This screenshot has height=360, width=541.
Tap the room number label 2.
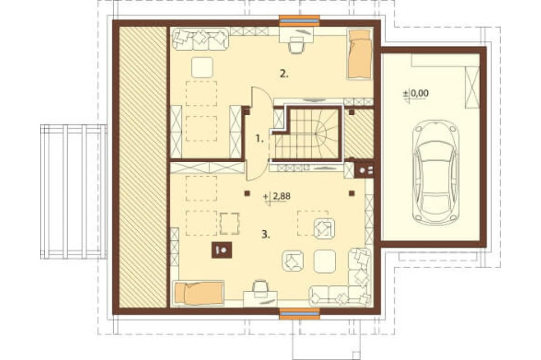[284, 74]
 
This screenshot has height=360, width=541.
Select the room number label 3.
[265, 235]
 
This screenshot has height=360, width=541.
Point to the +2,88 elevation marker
[277, 197]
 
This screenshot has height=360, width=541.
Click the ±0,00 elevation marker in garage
[416, 94]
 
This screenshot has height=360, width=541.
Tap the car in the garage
[436, 172]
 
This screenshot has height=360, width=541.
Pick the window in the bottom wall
[300, 314]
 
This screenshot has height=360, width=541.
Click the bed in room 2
[360, 54]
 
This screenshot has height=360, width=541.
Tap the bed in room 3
[199, 293]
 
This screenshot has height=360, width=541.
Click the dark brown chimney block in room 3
[221, 250]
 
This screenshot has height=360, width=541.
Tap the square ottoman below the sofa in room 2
[202, 67]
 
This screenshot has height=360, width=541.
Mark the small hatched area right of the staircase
[359, 135]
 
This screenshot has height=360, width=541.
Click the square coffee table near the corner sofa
[325, 261]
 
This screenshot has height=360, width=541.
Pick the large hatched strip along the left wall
[143, 167]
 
